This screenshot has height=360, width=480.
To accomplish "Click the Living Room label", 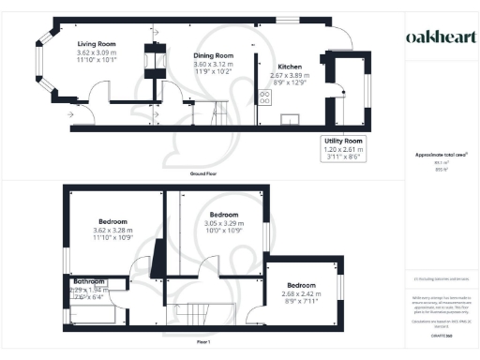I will (x=96, y=43).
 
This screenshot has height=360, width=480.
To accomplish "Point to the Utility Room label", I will (x=343, y=140).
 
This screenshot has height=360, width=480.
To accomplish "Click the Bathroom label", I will (x=89, y=281).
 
